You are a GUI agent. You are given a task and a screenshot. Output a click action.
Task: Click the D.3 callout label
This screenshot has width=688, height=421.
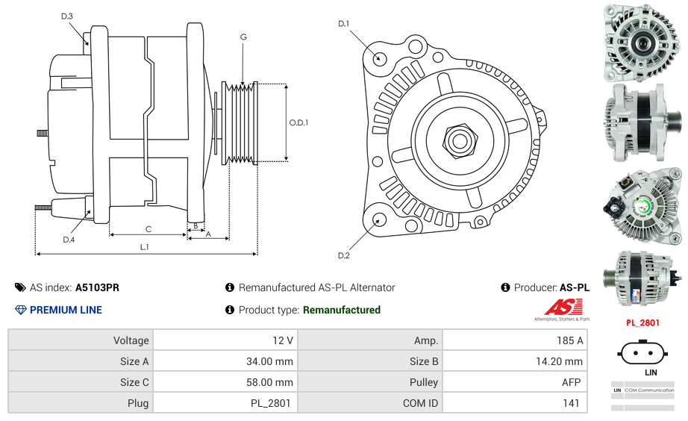67,16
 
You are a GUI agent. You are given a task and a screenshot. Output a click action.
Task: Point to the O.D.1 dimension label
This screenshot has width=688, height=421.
298,122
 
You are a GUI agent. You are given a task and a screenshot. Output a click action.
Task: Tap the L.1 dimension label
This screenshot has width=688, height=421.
145,246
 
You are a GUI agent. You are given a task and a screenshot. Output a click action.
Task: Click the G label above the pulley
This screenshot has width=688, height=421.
243,37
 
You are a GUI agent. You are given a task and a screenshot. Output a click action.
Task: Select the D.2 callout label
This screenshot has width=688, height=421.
343,256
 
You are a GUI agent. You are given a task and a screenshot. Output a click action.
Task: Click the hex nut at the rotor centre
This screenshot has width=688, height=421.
459,140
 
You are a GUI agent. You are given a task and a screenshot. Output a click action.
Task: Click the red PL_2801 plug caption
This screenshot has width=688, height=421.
642,323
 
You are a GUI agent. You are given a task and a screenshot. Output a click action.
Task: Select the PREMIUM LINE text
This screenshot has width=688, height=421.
66,310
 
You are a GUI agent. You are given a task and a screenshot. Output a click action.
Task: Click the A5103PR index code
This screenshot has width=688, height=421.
97,287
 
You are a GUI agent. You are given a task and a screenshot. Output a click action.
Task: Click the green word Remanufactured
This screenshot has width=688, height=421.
341,310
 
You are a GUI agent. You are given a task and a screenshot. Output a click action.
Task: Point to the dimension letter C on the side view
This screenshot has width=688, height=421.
148,229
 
